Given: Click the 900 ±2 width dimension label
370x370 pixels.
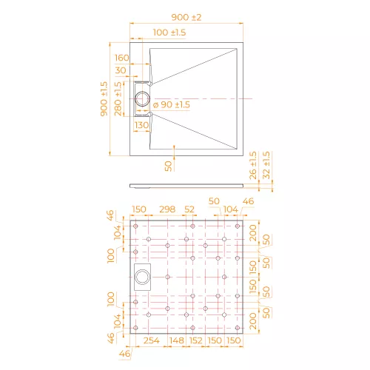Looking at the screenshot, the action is click(x=186, y=17).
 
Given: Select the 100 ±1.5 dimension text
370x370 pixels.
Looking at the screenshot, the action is click(x=169, y=33).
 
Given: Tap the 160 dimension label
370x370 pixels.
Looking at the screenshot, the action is click(x=122, y=58).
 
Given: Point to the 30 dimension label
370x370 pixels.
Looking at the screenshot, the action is click(x=121, y=70).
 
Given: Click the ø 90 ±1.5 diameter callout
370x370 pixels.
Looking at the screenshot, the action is click(x=172, y=104).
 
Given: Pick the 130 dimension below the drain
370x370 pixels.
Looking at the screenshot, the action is click(x=142, y=125).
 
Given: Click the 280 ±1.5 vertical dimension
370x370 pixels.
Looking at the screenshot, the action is click(x=118, y=98).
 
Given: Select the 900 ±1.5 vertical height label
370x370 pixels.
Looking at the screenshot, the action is click(x=104, y=98).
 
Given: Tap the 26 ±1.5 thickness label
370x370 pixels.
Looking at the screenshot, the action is click(x=253, y=166).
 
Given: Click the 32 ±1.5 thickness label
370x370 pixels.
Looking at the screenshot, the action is click(x=266, y=166).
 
